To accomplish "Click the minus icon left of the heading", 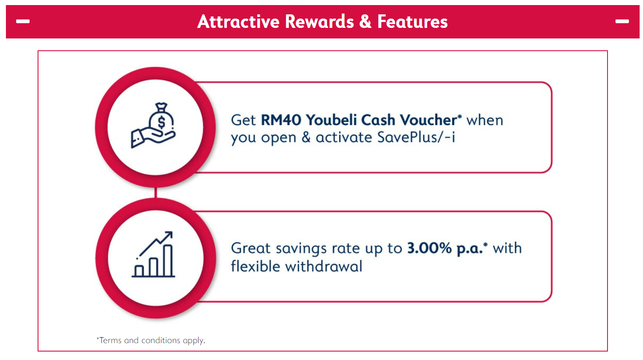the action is pyautogui.click(x=23, y=21).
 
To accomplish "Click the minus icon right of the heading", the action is pyautogui.click(x=622, y=21).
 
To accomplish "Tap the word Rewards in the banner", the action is pyautogui.click(x=319, y=22).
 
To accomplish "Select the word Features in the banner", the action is pyautogui.click(x=412, y=22).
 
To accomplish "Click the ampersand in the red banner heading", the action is pyautogui.click(x=365, y=22).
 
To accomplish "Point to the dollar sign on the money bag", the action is pyautogui.click(x=162, y=122).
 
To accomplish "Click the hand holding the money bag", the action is pyautogui.click(x=153, y=138).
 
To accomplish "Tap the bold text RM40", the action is pyautogui.click(x=281, y=120).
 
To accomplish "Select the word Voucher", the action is pyautogui.click(x=428, y=120).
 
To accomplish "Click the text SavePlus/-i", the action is pyautogui.click(x=416, y=137).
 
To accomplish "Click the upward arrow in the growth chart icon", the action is pyautogui.click(x=155, y=244).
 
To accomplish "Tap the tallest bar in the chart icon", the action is pyautogui.click(x=168, y=261).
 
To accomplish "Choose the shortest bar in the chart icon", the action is pyautogui.click(x=139, y=271).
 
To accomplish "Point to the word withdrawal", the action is pyautogui.click(x=324, y=266).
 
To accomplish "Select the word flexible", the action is pyautogui.click(x=256, y=266).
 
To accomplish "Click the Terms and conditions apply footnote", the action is pyautogui.click(x=151, y=341).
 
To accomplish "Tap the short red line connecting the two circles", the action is pyautogui.click(x=155, y=193).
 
